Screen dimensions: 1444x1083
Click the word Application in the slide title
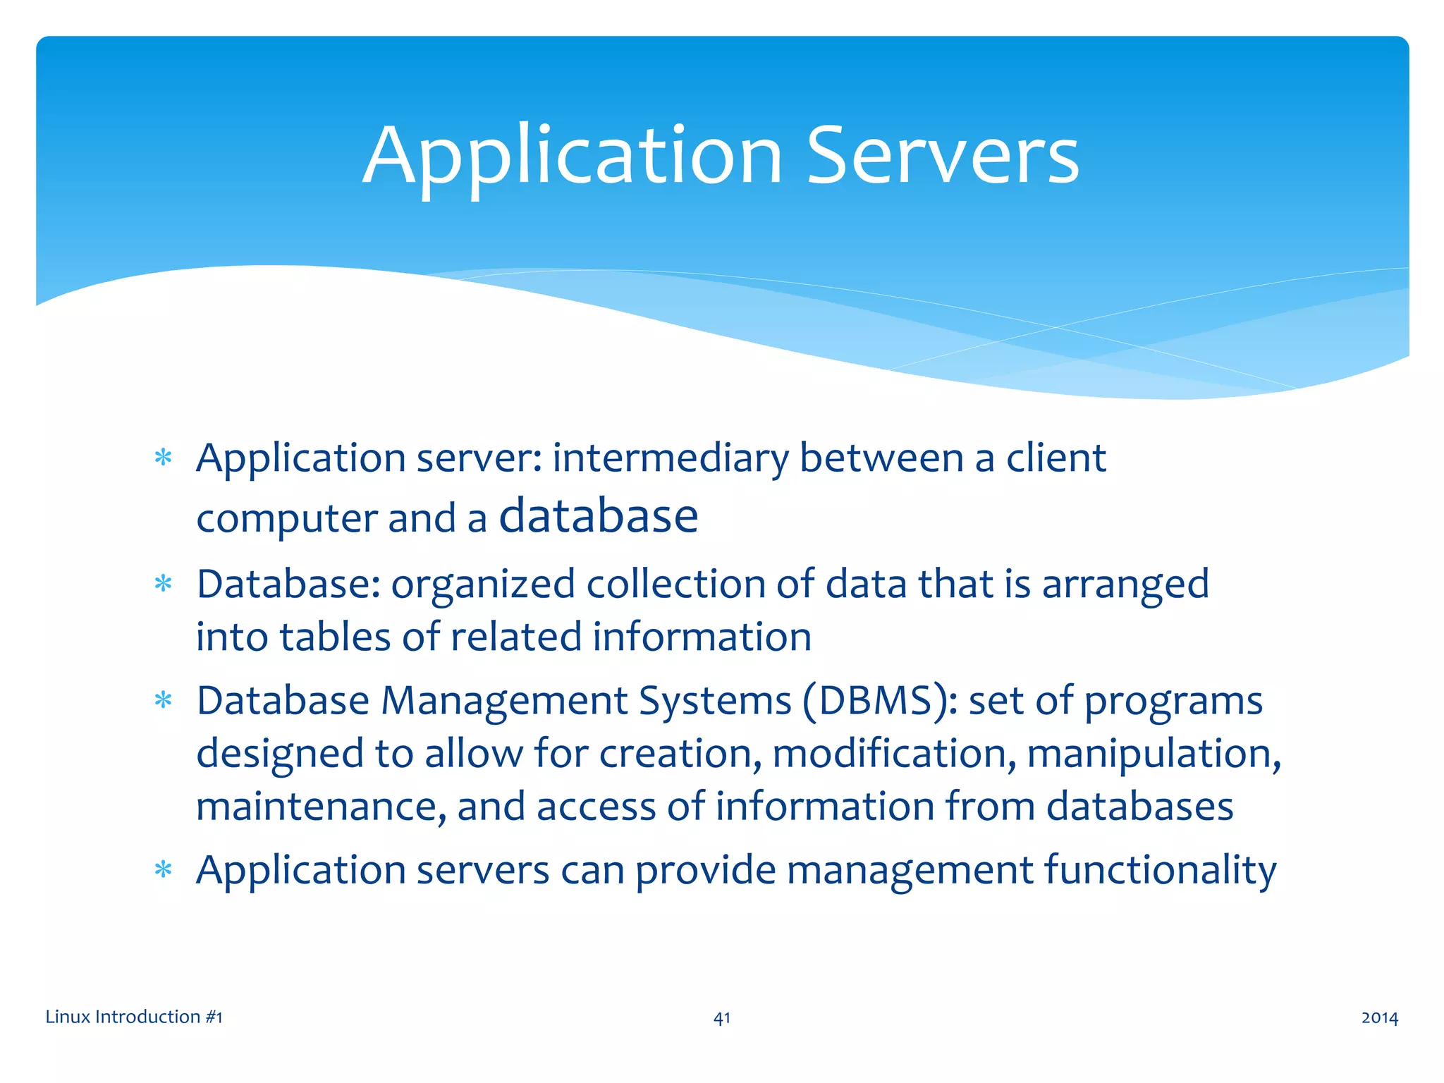point(573,157)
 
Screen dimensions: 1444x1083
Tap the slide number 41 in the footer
point(722,1017)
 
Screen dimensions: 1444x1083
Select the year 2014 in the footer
point(1379,1017)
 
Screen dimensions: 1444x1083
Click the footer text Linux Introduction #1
point(134,1017)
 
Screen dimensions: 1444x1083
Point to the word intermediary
point(670,458)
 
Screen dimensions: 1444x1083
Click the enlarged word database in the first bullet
point(598,516)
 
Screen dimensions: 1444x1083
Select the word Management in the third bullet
point(504,702)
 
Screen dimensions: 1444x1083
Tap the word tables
point(335,637)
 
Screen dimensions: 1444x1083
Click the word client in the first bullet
point(1056,458)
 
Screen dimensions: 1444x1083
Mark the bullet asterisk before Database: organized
point(164,585)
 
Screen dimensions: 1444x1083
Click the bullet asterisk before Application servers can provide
point(164,870)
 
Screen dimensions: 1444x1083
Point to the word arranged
point(1125,585)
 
